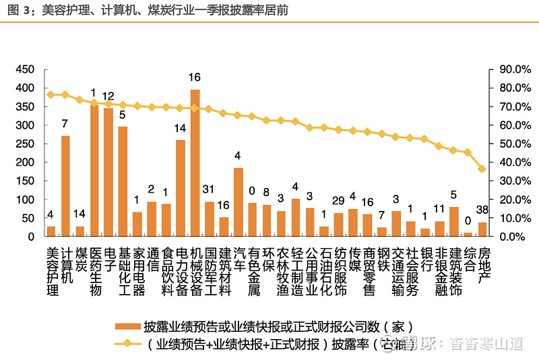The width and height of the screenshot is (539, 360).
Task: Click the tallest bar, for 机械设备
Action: [x=195, y=163]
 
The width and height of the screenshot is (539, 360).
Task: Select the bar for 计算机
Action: [x=65, y=186]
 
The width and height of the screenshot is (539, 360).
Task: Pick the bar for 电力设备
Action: [x=181, y=188]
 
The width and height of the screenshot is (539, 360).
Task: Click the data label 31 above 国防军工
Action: [x=209, y=188]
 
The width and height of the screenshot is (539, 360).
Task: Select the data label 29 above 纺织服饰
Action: [x=338, y=200]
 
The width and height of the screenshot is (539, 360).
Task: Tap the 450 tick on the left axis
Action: [x=25, y=69]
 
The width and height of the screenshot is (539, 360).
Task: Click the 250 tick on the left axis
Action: [x=25, y=144]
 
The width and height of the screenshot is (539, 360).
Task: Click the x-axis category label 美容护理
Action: [x=51, y=271]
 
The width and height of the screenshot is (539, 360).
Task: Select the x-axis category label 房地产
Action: [x=482, y=265]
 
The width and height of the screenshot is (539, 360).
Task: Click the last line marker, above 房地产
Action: [x=482, y=169]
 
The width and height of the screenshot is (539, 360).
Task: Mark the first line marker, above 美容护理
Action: [x=51, y=94]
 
